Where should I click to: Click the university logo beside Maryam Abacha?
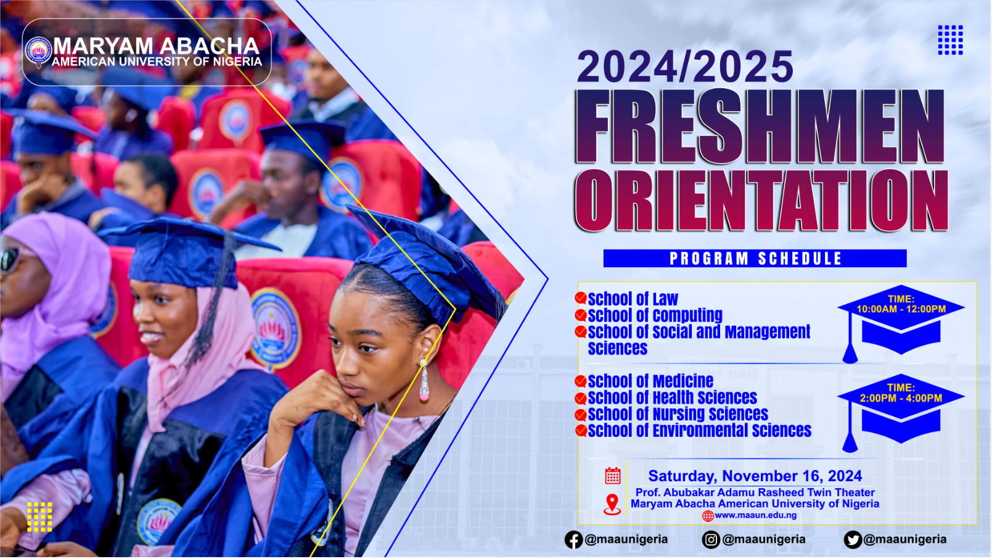pos(38,51)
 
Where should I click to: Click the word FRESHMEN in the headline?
pos(759,126)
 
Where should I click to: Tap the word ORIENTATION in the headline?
pos(761,201)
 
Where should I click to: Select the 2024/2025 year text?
pos(685,67)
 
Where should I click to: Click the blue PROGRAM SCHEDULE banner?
pos(755,259)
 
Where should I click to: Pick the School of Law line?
pos(633,299)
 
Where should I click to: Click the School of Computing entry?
pos(655,315)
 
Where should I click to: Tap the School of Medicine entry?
pos(650,381)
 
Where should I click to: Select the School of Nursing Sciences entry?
pos(678,414)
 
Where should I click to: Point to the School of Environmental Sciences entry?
pos(699,431)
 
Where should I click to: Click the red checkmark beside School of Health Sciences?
pos(580,399)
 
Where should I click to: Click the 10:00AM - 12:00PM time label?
pos(901,309)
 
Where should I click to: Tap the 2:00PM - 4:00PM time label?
pos(901,398)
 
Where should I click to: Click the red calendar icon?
pos(612,476)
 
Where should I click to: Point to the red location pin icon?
pos(612,504)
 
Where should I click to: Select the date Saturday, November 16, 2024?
pos(755,476)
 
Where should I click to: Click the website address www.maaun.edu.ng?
pos(755,515)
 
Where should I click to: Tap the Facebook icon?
pos(573,540)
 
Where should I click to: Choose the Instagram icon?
pos(711,540)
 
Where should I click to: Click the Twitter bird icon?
pos(853,540)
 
